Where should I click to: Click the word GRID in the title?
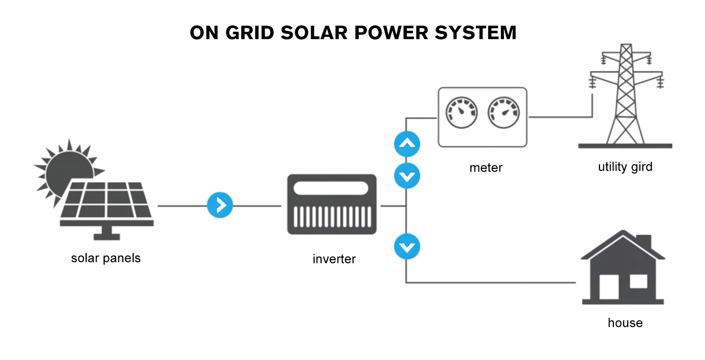[250, 33]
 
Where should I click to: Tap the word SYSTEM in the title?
[476, 33]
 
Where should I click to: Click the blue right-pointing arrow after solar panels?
[220, 205]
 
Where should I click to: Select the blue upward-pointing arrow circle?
[407, 144]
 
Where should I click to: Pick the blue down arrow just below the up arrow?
[407, 176]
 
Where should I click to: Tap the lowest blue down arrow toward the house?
[407, 247]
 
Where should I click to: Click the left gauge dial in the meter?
[462, 113]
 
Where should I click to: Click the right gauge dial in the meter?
[503, 113]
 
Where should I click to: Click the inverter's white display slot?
[331, 188]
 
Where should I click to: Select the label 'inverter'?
[334, 259]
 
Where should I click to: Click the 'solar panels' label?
[106, 258]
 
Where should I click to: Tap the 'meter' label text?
[486, 168]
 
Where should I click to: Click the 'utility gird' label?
[625, 167]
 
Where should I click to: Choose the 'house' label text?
[625, 323]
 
